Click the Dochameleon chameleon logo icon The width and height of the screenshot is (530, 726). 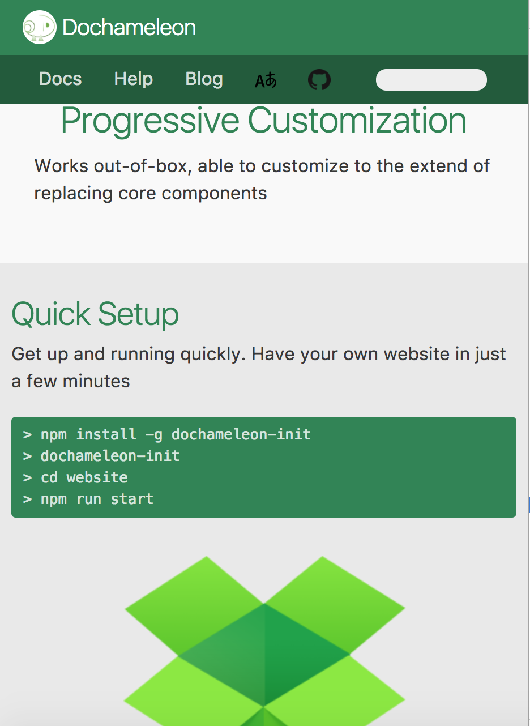[39, 27]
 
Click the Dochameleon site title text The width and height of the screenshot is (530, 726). [129, 27]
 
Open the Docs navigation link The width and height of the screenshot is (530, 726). [60, 79]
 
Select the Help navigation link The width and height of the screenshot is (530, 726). [133, 79]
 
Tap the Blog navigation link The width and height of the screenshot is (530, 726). [204, 79]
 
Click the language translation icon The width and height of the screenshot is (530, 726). [266, 80]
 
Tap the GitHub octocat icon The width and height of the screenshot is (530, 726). [319, 79]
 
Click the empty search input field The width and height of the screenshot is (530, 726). [431, 80]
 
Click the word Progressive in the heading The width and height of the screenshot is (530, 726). [150, 121]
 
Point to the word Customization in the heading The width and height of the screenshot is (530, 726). [357, 120]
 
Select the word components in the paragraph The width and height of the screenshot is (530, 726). [214, 194]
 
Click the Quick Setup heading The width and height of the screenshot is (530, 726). [95, 314]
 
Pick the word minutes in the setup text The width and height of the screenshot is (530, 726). [96, 381]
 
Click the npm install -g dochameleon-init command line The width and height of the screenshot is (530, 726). [167, 434]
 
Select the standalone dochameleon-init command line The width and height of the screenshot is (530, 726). [101, 456]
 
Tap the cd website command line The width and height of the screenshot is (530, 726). [75, 477]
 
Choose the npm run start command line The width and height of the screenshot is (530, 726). [88, 499]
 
